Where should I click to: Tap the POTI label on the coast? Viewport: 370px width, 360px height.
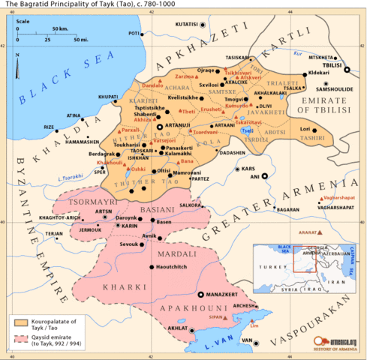(135, 34)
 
